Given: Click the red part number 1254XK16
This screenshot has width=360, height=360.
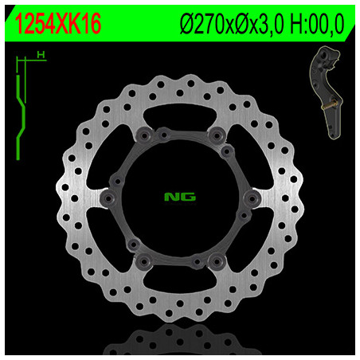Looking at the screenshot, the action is point(58,24).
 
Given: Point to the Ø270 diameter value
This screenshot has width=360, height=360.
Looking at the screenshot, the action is point(202,24).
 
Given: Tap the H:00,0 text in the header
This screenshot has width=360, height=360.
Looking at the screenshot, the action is point(317,24).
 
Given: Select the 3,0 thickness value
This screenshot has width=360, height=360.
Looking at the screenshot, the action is point(268,25).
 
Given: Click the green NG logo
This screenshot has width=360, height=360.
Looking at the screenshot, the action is point(180,197).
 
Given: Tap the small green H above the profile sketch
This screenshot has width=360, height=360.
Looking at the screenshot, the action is point(41,55).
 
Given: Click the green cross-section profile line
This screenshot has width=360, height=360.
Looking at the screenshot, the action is point(21,118).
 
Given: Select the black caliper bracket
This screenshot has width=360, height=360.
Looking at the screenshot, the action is point(327,92).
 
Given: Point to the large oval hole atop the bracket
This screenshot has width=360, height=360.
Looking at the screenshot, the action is point(324,56).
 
